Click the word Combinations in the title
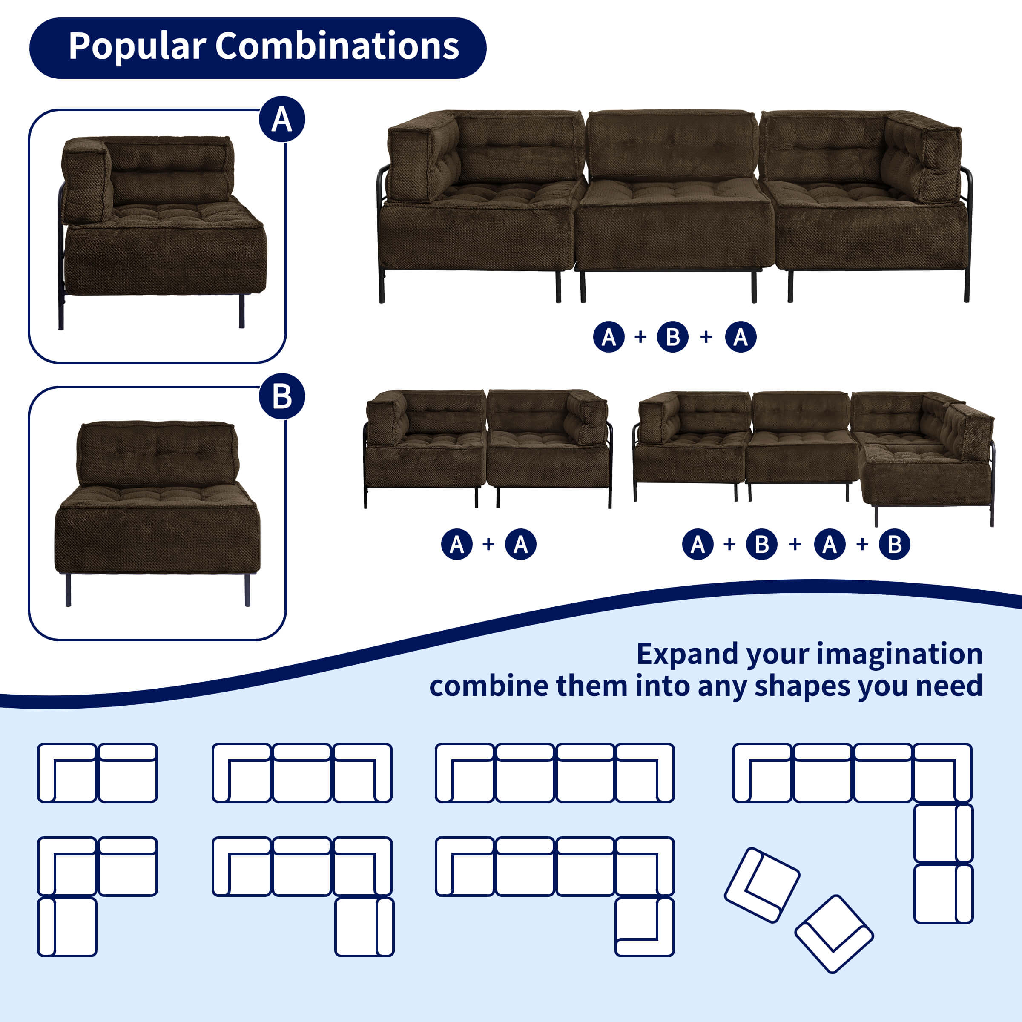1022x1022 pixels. [x=337, y=46]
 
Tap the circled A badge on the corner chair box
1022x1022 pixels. [x=282, y=119]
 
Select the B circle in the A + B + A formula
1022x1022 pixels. [x=672, y=337]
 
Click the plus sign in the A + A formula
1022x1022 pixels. [x=488, y=544]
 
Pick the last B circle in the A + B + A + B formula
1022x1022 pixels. [x=895, y=544]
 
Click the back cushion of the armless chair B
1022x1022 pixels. [x=158, y=454]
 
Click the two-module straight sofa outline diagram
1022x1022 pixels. [x=98, y=773]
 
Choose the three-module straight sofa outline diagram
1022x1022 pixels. [x=302, y=773]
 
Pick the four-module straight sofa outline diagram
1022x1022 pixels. [x=554, y=773]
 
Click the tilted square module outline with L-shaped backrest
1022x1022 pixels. [x=762, y=886]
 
